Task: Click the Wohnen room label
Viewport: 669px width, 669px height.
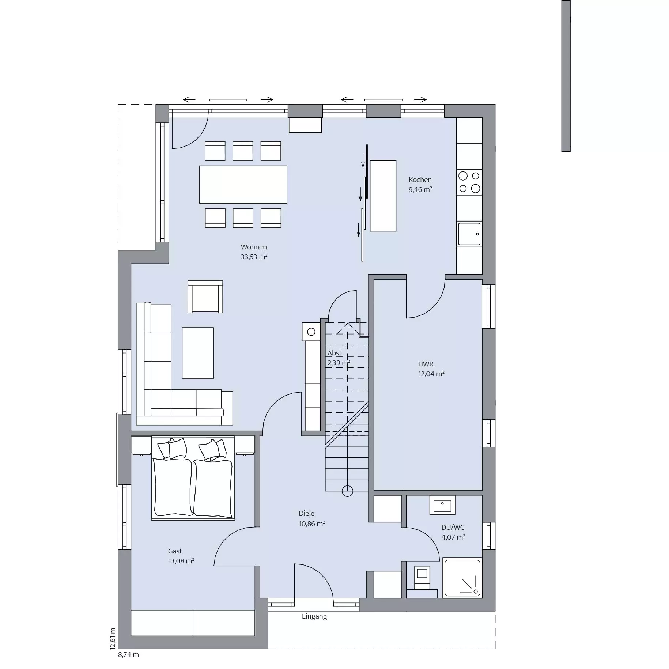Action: (254, 247)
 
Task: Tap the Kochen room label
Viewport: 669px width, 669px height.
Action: (420, 180)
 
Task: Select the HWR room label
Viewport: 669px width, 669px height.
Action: (426, 364)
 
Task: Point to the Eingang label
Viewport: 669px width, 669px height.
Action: (314, 616)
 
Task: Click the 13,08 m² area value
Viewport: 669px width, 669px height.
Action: (181, 561)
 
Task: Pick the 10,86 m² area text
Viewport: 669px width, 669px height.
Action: (312, 524)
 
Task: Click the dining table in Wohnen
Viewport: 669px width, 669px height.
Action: (243, 185)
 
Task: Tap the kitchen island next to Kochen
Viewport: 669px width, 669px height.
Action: (383, 196)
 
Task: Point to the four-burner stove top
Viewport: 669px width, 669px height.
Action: (469, 182)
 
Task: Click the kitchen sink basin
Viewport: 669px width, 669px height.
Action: (469, 234)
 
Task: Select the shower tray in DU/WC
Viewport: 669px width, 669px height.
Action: (462, 578)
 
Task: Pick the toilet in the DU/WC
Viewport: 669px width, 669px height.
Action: (422, 577)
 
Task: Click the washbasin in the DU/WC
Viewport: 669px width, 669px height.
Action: (442, 505)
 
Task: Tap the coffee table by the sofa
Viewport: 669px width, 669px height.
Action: (198, 353)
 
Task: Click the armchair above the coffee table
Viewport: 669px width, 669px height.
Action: (205, 297)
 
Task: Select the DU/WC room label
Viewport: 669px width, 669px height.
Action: (453, 528)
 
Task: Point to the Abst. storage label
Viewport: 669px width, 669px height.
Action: (335, 353)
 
